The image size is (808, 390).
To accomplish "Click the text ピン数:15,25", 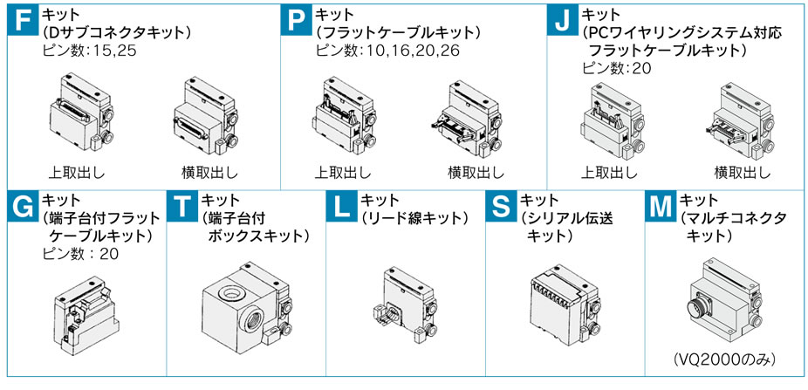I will [x=90, y=50].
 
